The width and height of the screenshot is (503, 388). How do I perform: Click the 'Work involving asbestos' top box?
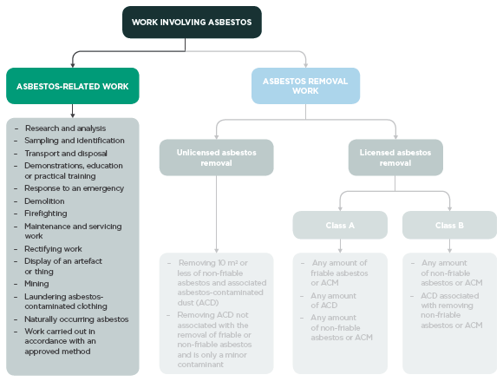pyautogui.click(x=191, y=23)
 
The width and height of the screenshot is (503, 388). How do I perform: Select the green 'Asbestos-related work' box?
pyautogui.click(x=72, y=86)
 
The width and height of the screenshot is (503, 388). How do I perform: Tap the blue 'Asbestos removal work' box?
pyautogui.click(x=305, y=85)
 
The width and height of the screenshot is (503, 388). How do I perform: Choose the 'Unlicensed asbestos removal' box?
pyautogui.click(x=216, y=157)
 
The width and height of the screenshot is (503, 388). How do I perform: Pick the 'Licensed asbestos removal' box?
pyautogui.click(x=395, y=157)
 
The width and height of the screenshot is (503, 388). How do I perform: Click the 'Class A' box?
pyautogui.click(x=339, y=225)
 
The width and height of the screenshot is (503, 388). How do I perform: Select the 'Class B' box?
pyautogui.click(x=448, y=225)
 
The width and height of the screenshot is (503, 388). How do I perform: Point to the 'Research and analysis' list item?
pyautogui.click(x=65, y=128)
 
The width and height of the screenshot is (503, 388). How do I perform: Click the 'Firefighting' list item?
pyautogui.click(x=50, y=212)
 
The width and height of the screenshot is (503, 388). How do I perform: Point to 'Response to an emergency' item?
pyautogui.click(x=74, y=188)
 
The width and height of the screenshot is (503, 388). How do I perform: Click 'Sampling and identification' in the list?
pyautogui.click(x=75, y=141)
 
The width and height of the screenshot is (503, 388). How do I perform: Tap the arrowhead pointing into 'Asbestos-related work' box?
pyautogui.click(x=72, y=64)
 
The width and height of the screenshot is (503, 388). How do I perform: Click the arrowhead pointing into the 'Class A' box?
pyautogui.click(x=339, y=208)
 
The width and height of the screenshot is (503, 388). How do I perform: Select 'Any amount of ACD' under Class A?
pyautogui.click(x=333, y=300)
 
